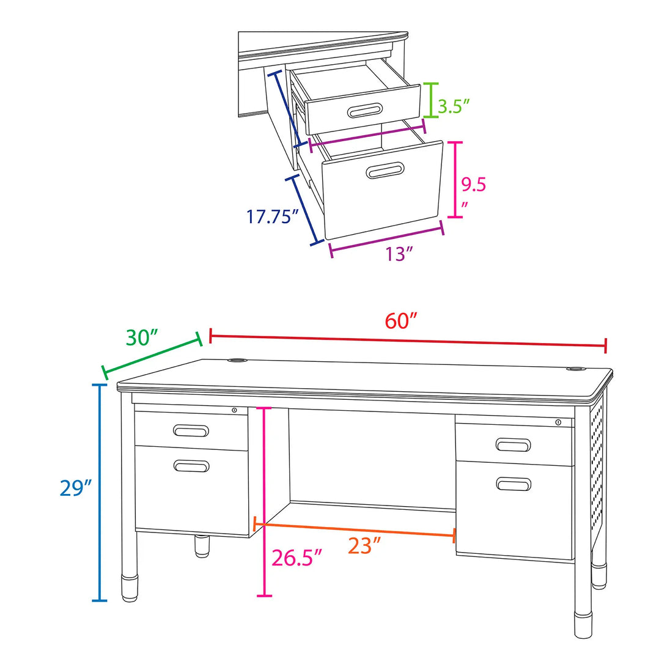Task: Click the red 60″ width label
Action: point(400,321)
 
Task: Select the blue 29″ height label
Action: point(76,488)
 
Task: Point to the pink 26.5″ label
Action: point(296,558)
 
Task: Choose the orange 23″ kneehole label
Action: point(364,546)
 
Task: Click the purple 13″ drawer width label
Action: point(399,254)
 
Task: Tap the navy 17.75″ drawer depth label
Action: point(272,216)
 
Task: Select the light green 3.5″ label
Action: point(454,106)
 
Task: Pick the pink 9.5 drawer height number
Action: point(473,185)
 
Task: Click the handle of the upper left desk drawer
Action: point(191,431)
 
